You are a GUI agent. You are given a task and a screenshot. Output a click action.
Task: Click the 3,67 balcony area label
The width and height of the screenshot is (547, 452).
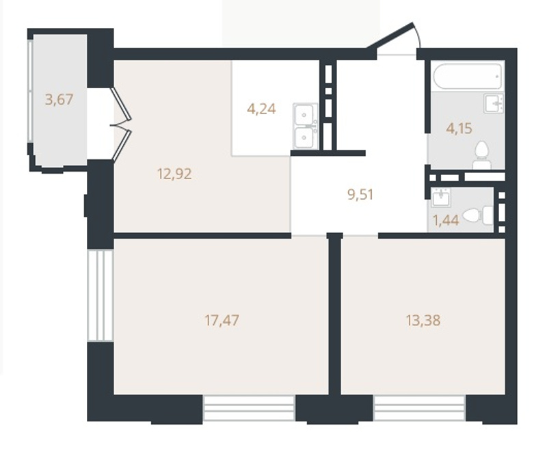[59, 100]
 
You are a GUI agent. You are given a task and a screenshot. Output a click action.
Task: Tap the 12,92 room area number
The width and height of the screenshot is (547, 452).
[174, 174]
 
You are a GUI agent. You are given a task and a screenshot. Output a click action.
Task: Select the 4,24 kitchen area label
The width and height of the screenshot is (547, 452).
[261, 109]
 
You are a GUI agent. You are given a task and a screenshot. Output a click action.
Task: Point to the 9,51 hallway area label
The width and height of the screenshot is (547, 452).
[361, 194]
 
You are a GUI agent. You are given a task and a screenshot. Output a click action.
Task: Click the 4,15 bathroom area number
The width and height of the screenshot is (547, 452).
[459, 129]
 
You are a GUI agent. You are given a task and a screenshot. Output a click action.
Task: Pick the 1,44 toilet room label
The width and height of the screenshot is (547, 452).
[446, 220]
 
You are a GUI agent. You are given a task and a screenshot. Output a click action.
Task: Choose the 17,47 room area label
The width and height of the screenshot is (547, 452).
[222, 320]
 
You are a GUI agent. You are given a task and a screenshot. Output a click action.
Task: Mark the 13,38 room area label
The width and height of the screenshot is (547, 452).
[423, 320]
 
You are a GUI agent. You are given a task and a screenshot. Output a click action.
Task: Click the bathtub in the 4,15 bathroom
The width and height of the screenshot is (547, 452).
[468, 76]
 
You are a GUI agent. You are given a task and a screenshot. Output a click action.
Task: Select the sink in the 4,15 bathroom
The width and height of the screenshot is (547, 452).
[494, 103]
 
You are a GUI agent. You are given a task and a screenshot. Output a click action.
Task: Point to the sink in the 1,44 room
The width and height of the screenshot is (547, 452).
[441, 198]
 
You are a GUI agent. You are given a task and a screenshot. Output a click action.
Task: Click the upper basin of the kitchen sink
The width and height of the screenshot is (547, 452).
[305, 115]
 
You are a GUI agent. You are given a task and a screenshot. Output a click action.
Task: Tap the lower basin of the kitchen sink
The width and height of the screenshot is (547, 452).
[305, 137]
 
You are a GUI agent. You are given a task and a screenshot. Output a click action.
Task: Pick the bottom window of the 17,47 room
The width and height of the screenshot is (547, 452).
[249, 408]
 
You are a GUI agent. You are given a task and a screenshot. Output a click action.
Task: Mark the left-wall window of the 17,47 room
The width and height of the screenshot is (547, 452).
[100, 295]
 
